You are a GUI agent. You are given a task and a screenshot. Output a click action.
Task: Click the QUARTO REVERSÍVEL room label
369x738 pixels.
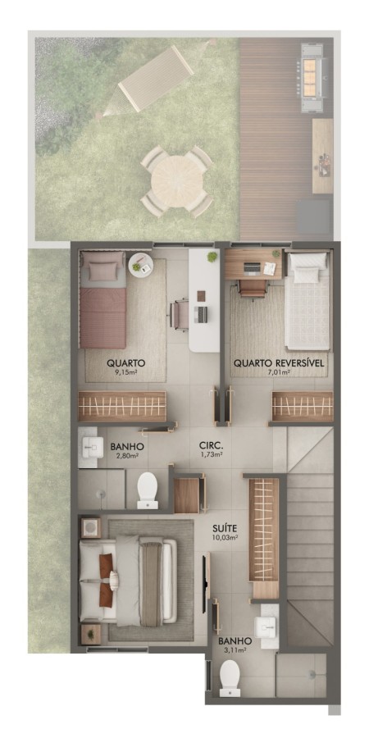(x=280, y=363)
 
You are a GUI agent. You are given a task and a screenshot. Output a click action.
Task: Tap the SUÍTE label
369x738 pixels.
(x=224, y=528)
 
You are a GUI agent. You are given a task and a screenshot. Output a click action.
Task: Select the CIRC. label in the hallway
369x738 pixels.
(x=207, y=444)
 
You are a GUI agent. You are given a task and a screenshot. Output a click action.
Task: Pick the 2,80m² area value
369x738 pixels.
(x=126, y=455)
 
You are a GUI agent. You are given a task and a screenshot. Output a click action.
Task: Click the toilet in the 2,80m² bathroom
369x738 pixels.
(x=148, y=491)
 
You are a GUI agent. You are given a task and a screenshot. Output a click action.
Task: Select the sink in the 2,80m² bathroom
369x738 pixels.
(x=93, y=447)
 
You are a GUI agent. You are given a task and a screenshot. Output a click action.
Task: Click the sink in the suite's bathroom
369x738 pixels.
(x=265, y=626)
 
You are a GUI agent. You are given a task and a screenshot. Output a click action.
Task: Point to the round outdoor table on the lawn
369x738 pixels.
(x=176, y=180)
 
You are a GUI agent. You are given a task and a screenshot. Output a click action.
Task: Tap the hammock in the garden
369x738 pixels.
(x=155, y=78)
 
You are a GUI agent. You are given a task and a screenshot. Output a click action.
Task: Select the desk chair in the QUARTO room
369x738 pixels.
(x=179, y=316)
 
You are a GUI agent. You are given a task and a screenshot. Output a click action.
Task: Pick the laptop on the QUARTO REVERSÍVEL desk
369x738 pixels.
(x=251, y=269)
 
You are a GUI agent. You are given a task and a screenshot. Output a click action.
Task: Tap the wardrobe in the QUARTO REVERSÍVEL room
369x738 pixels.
(x=303, y=406)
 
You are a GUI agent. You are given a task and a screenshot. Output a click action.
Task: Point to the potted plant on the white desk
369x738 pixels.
(x=212, y=257)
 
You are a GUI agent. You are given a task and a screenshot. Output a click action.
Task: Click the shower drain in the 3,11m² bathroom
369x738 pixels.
(x=312, y=675)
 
